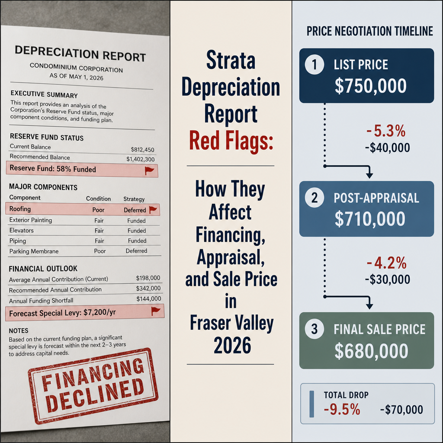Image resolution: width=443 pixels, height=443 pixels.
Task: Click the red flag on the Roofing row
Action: point(153,210)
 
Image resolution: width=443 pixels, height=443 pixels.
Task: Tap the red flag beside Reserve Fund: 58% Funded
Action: point(149,170)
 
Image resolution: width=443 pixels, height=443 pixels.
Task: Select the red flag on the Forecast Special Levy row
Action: point(156,311)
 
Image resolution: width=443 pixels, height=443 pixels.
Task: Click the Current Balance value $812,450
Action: point(142,149)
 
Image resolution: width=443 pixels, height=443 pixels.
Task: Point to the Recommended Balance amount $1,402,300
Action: point(141,159)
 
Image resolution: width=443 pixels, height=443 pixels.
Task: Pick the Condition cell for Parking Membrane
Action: point(100,251)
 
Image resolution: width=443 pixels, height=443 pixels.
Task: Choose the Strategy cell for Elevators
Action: point(137,231)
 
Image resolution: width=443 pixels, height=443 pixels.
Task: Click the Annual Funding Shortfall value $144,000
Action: point(149,299)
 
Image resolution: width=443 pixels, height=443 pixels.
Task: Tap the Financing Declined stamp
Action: point(93,385)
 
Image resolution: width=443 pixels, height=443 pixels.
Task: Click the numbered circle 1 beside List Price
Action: point(315,65)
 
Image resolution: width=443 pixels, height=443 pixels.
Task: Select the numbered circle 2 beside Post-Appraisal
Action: point(315,198)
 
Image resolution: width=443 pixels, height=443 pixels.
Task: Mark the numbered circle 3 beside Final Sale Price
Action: point(315,329)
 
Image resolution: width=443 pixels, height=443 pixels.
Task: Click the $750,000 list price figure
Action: point(370,86)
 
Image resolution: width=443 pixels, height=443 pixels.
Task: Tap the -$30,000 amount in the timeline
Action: point(387,279)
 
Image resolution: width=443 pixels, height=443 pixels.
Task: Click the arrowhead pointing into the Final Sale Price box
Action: point(369,306)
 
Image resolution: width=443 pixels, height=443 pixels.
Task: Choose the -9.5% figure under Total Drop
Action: point(342,409)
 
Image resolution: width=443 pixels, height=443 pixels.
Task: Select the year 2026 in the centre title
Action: point(232,345)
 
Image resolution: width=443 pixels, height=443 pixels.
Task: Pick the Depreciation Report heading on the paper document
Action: point(80,53)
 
